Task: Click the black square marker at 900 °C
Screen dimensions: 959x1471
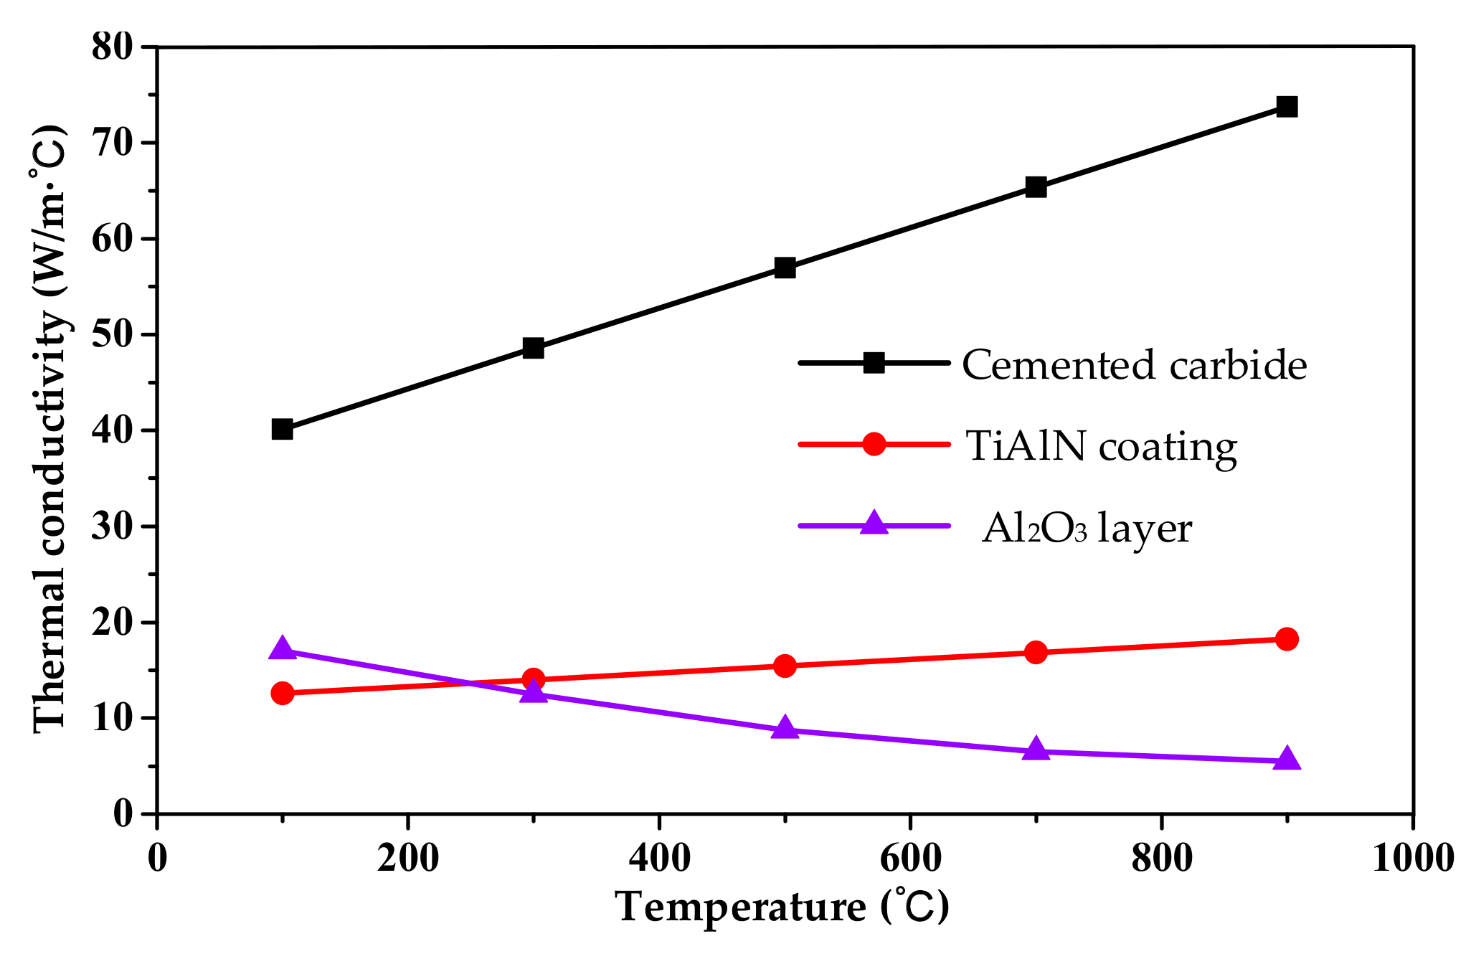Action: (x=1287, y=107)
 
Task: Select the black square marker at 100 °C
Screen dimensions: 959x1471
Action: (x=283, y=429)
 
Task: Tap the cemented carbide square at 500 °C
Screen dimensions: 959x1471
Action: (x=785, y=268)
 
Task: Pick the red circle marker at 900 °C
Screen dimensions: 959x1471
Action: (x=1287, y=638)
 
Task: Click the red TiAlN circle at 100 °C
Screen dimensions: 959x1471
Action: (x=283, y=693)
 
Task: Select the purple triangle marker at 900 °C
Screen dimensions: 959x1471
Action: (x=1287, y=759)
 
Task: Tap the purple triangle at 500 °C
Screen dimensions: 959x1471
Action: (x=785, y=728)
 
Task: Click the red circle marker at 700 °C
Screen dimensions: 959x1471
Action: (x=1036, y=652)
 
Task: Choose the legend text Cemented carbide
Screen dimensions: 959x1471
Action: (x=1134, y=365)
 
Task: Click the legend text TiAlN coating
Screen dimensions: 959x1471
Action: (x=1101, y=446)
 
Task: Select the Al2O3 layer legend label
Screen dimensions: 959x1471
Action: (x=1087, y=529)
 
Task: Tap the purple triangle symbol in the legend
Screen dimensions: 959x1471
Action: (x=874, y=523)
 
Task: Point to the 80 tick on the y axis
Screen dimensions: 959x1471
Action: (x=113, y=47)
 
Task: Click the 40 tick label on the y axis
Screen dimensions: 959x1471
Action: (x=113, y=430)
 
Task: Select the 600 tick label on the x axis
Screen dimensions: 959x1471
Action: (x=909, y=857)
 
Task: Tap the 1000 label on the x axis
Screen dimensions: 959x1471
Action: (x=1412, y=857)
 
